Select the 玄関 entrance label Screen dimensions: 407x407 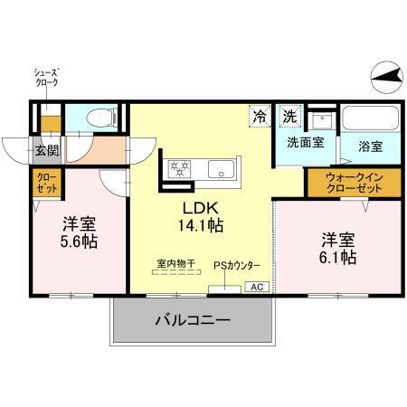click(x=47, y=150)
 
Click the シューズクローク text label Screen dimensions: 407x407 click(x=47, y=78)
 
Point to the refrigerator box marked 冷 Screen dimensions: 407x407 click(x=260, y=117)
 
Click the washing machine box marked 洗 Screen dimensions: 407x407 click(x=289, y=117)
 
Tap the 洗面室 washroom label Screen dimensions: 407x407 click(x=306, y=143)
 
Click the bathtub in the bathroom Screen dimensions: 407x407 click(x=371, y=119)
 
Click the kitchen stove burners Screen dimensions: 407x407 click(x=177, y=168)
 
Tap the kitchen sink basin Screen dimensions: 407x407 click(x=220, y=168)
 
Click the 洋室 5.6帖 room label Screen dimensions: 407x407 click(x=80, y=233)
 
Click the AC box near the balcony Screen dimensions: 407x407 click(x=256, y=287)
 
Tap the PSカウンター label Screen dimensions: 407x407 click(x=236, y=265)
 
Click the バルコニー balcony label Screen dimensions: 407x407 click(x=192, y=319)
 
